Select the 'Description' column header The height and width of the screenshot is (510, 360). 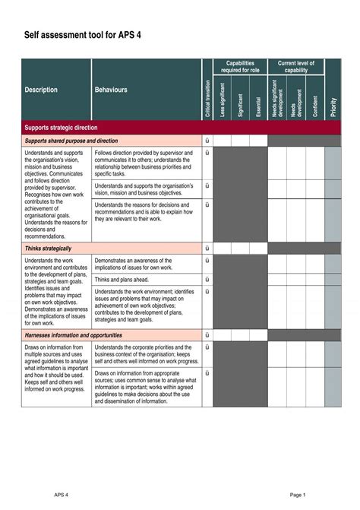[41, 90]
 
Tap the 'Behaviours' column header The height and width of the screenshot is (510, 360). [111, 90]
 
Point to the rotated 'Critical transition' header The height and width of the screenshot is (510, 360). [207, 98]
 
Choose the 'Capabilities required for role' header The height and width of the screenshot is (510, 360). [240, 67]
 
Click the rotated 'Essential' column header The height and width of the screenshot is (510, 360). [258, 103]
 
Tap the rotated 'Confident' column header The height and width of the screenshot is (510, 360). [314, 103]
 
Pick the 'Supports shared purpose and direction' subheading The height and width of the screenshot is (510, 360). [71, 141]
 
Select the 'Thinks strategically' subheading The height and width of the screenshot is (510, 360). [49, 249]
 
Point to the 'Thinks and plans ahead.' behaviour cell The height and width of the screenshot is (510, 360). [122, 280]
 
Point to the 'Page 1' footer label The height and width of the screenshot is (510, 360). [297, 494]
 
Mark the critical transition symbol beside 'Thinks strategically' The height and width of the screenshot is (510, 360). [207, 249]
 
